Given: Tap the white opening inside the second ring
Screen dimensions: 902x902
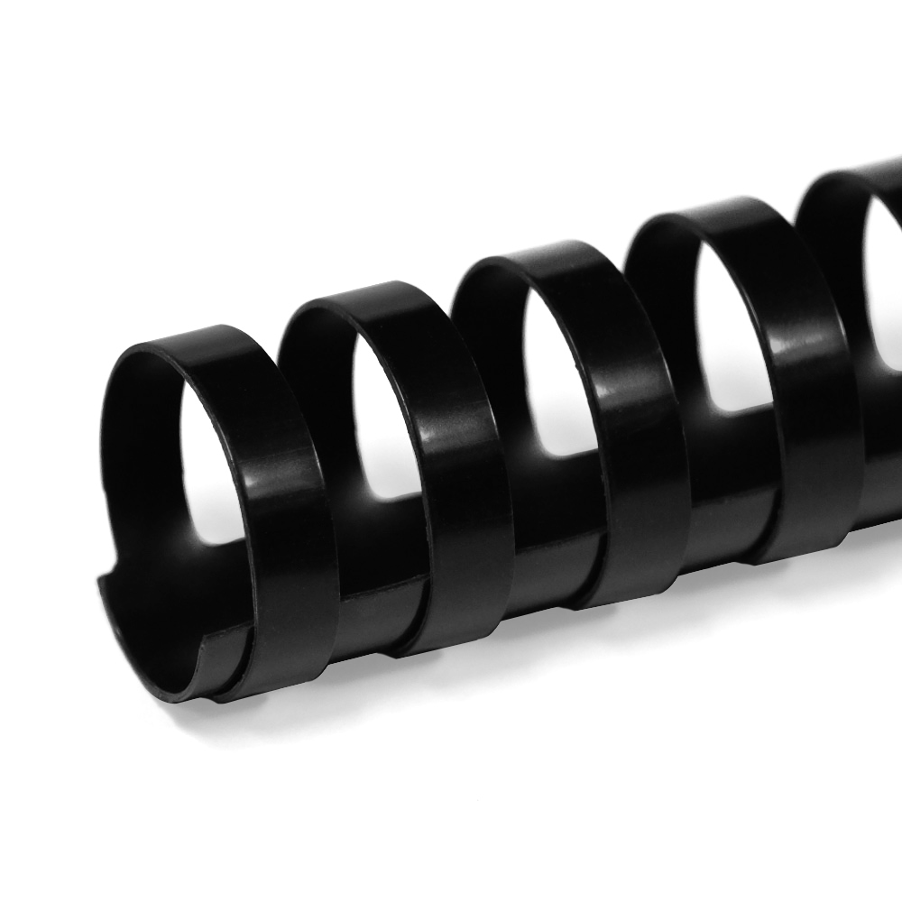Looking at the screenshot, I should click(x=383, y=424).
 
